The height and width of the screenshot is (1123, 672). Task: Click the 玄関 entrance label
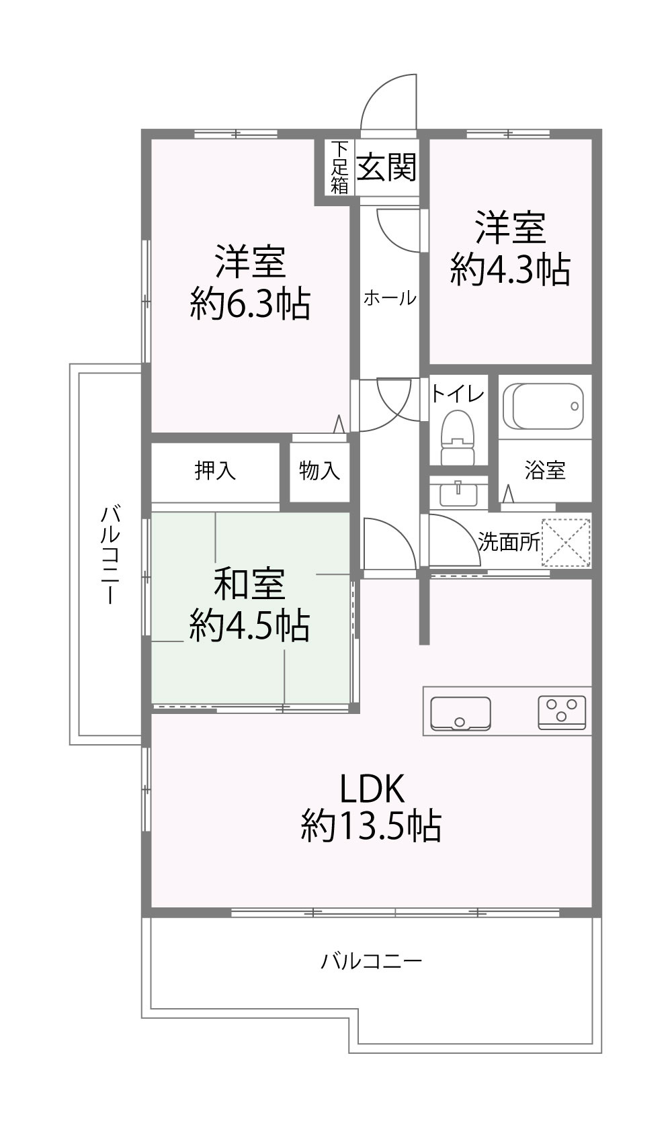pyautogui.click(x=386, y=167)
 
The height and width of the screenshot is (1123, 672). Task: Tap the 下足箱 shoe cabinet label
pyautogui.click(x=339, y=167)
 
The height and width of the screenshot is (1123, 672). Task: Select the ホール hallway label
pyautogui.click(x=390, y=298)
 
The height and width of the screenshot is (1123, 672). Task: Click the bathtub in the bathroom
pyautogui.click(x=544, y=407)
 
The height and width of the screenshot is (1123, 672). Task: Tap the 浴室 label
pyautogui.click(x=545, y=470)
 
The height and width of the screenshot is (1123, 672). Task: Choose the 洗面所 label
pyautogui.click(x=509, y=542)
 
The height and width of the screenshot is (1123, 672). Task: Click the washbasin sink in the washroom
pyautogui.click(x=458, y=493)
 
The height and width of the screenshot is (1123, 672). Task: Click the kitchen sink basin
pyautogui.click(x=460, y=714)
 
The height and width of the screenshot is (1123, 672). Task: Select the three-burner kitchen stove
pyautogui.click(x=562, y=713)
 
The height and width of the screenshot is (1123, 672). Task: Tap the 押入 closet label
pyautogui.click(x=215, y=470)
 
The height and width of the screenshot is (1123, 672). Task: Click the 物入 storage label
pyautogui.click(x=319, y=471)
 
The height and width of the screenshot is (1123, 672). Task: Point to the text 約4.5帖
pyautogui.click(x=249, y=626)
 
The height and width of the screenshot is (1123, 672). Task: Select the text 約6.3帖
pyautogui.click(x=250, y=303)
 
